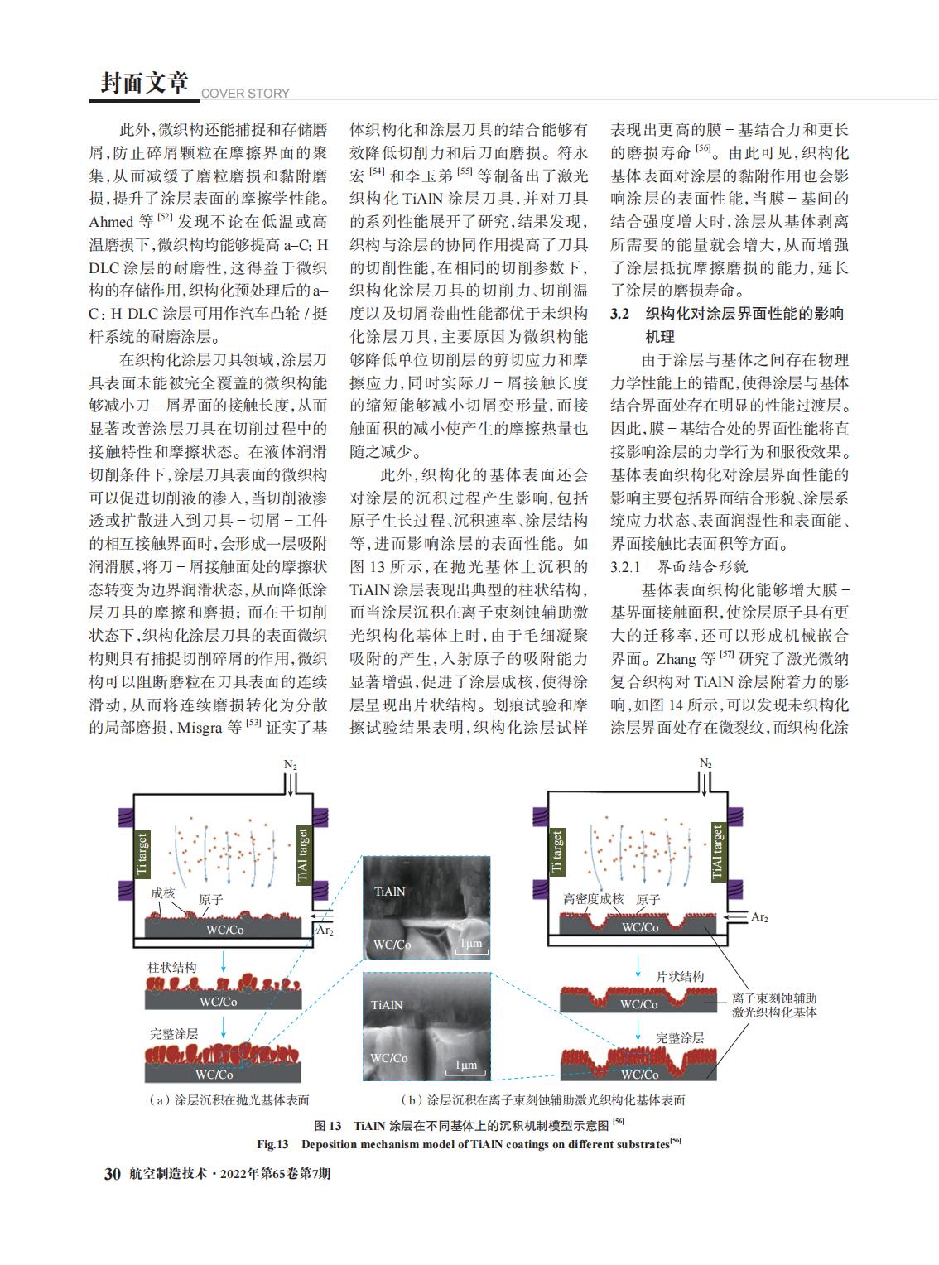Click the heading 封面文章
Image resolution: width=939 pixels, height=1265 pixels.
[x=144, y=83]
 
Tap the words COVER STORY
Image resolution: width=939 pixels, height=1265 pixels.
[x=245, y=94]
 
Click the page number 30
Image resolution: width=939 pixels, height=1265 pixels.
[x=112, y=1174]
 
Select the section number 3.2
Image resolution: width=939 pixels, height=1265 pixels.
[x=620, y=314]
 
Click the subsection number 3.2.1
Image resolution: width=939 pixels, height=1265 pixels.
[x=627, y=567]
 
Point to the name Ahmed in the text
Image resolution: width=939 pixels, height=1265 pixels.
[x=110, y=222]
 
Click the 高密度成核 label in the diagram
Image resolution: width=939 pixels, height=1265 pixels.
[x=593, y=898]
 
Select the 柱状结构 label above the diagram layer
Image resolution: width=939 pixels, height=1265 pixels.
[x=172, y=967]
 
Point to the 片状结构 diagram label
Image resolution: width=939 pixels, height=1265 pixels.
[x=680, y=976]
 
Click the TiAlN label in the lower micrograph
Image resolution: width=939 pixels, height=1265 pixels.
[x=388, y=1004]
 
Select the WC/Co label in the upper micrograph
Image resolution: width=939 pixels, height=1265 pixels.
[x=392, y=945]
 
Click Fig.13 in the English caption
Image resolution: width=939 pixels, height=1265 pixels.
[x=272, y=1144]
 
